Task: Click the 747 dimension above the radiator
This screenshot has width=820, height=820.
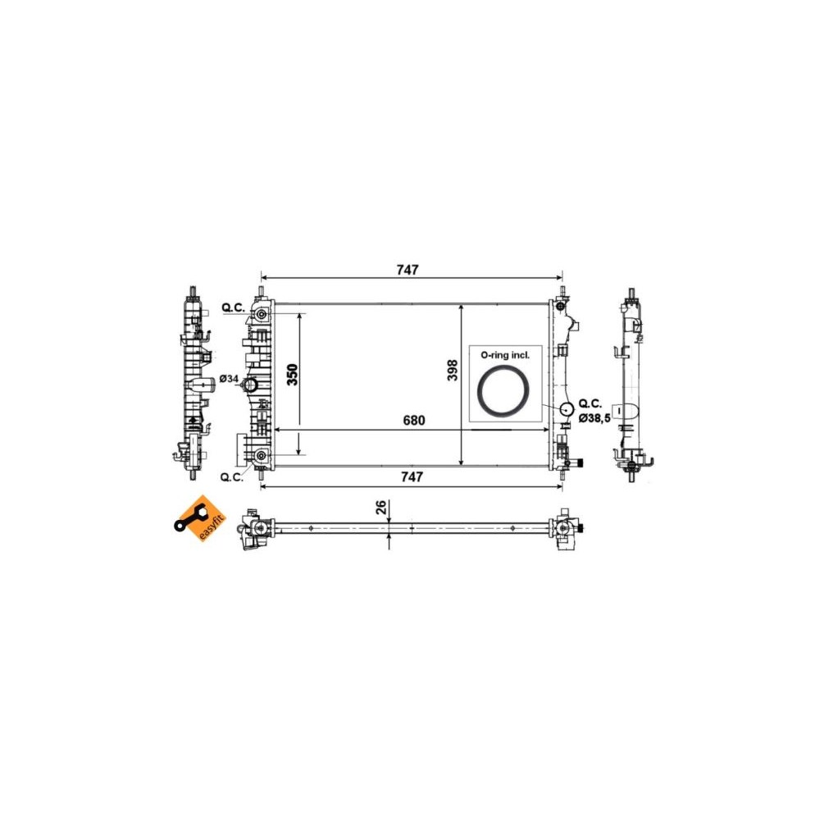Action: tap(408, 270)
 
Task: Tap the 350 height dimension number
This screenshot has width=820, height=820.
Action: tap(292, 373)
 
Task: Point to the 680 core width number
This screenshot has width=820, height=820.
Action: tap(414, 420)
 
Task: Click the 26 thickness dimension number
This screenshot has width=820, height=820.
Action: tap(380, 508)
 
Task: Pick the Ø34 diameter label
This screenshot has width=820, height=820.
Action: tap(230, 379)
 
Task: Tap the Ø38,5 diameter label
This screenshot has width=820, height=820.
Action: tap(594, 418)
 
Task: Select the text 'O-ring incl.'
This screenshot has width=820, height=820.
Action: tap(505, 355)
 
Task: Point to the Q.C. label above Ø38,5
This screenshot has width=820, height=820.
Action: tap(590, 403)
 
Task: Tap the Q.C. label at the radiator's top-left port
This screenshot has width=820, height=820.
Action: tap(233, 308)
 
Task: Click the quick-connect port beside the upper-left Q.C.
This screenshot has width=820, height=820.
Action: tap(262, 316)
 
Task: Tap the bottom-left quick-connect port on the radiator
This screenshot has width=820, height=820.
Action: tap(262, 456)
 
